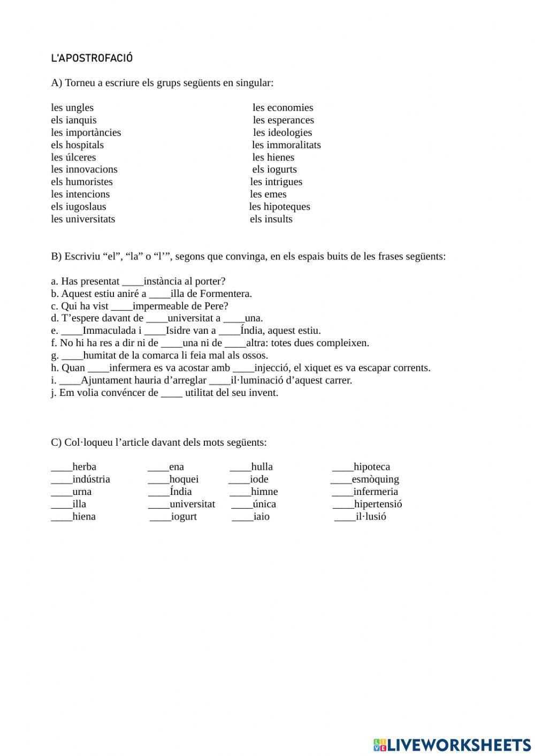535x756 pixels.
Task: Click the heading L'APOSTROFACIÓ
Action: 91,58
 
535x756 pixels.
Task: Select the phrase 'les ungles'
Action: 72,108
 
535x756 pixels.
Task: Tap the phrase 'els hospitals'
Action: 77,145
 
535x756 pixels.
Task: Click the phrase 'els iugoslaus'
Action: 79,207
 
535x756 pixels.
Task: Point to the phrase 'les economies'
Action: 282,108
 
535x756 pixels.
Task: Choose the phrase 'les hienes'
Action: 273,157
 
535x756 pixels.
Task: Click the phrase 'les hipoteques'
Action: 279,207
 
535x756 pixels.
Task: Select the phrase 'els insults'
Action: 271,219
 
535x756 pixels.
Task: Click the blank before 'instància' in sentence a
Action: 133,282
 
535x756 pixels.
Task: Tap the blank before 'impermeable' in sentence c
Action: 121,308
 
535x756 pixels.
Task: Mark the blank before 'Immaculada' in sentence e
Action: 72,332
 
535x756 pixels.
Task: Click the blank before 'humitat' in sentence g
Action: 72,357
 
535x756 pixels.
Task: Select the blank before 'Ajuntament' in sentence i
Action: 70,382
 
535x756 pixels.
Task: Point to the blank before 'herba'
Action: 62,469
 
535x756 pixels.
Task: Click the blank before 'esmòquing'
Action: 341,481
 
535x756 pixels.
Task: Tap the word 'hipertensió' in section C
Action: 378,504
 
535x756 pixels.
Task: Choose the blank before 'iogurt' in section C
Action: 160,518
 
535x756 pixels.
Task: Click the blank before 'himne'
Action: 240,493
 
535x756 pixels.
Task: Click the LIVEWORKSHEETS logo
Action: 452,744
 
